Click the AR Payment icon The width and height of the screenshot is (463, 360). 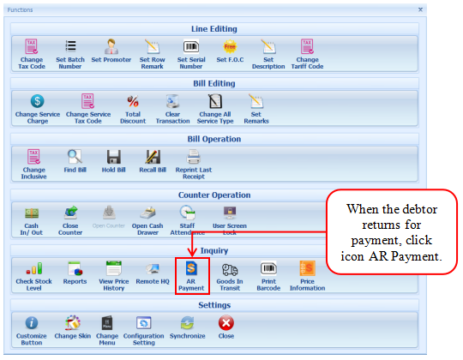coord(191,268)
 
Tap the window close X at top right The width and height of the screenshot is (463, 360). coord(420,9)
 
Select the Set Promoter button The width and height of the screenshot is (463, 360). coord(111,51)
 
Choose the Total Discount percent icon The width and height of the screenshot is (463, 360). coord(133,101)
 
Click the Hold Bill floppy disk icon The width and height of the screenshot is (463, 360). coord(114,157)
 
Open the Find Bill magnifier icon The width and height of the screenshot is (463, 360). coord(75,157)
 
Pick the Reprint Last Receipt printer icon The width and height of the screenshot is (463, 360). coord(194,157)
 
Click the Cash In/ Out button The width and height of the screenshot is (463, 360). coord(32,220)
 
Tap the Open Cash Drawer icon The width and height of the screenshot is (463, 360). coord(147,213)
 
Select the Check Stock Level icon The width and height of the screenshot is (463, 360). coord(34,268)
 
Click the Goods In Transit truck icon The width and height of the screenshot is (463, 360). coord(230,269)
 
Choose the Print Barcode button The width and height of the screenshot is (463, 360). coord(268,276)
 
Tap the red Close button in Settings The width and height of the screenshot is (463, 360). coord(226,327)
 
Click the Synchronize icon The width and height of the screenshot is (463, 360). coord(188,323)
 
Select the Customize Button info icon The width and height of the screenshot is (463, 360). coord(32,323)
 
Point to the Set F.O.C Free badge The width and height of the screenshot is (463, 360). coord(230,46)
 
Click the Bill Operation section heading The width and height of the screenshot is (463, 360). coord(214,139)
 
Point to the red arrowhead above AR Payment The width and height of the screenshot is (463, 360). coord(192,252)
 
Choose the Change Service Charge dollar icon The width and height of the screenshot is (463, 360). coord(38,101)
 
